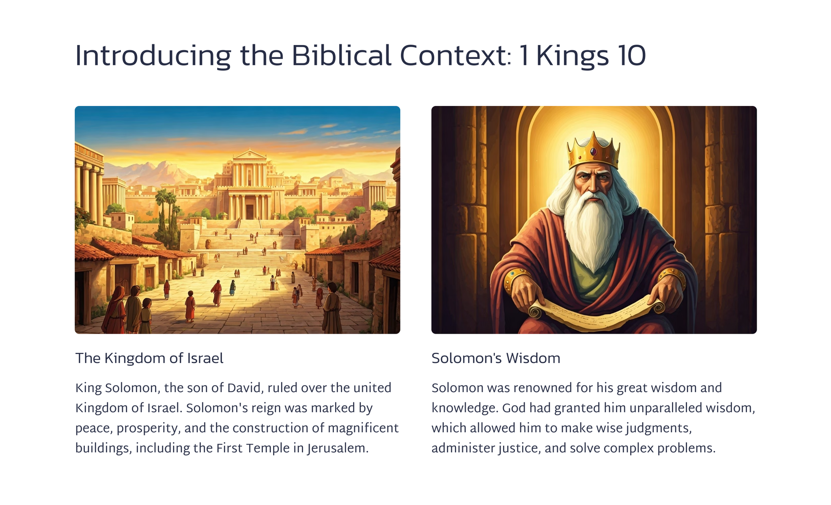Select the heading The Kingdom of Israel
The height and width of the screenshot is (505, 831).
[149, 358]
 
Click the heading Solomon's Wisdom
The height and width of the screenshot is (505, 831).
[495, 358]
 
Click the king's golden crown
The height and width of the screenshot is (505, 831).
[594, 151]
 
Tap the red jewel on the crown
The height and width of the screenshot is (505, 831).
[594, 152]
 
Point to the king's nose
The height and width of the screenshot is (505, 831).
[592, 184]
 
